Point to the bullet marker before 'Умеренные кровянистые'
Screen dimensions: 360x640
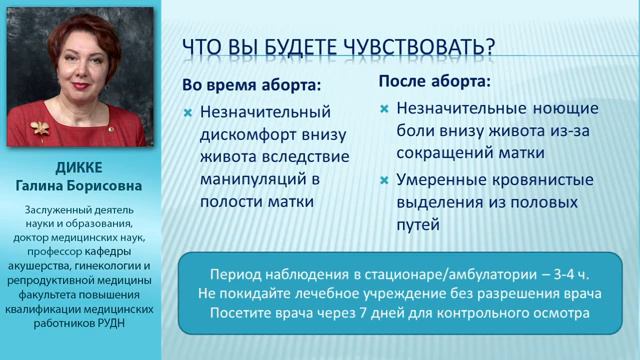(x=384, y=180)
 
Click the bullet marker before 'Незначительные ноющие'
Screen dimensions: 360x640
(x=384, y=108)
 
